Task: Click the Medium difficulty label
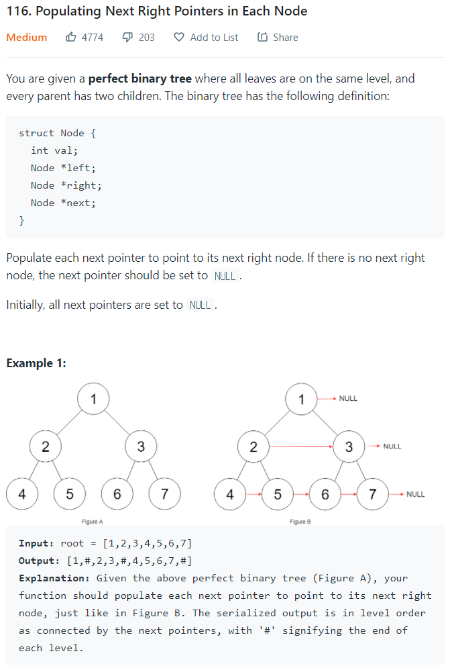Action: [x=27, y=38]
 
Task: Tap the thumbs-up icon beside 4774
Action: [x=70, y=38]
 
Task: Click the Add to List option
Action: [x=207, y=38]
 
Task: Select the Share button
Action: [x=278, y=38]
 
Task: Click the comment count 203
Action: [x=146, y=38]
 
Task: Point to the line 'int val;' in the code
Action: [x=53, y=150]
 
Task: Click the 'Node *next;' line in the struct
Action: [x=63, y=203]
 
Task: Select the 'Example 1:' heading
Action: [x=36, y=363]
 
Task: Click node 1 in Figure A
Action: [x=93, y=399]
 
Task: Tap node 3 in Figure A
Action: [x=141, y=446]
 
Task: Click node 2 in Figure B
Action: [x=253, y=446]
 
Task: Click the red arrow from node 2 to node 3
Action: [x=301, y=446]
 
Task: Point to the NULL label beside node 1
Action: [x=348, y=399]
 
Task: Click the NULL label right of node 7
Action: [x=415, y=495]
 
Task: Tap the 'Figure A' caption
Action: [x=92, y=522]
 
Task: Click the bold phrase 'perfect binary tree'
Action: [x=140, y=79]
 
